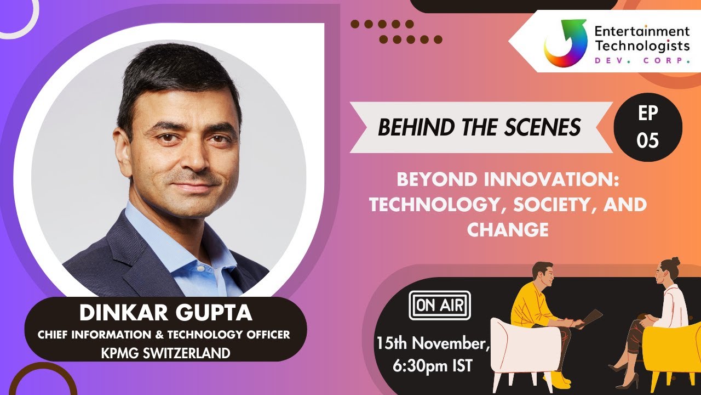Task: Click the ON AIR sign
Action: point(440,306)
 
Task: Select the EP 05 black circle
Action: point(648,127)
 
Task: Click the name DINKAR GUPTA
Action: point(166,313)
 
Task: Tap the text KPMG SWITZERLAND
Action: point(165,353)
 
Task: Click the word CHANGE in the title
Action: point(508,229)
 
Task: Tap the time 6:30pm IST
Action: point(433,366)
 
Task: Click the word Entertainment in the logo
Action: point(642,31)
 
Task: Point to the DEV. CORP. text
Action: point(642,60)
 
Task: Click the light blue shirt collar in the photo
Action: point(164,241)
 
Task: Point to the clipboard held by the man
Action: point(590,318)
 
